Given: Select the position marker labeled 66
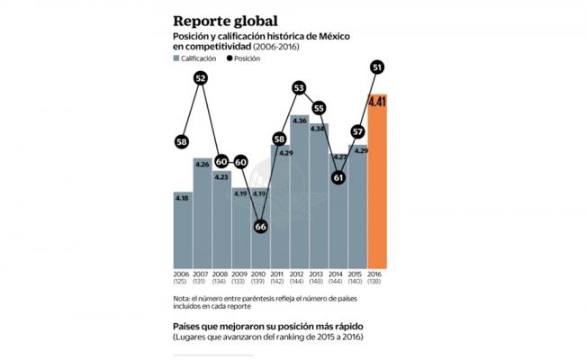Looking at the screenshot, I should pos(260,227).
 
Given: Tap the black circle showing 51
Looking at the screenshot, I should pos(378,67).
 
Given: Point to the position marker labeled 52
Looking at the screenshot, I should pos(201,78).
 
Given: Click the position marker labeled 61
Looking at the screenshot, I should pos(338,177).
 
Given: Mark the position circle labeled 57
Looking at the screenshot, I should pos(358,131).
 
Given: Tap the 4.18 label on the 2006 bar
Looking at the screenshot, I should pos(182,197).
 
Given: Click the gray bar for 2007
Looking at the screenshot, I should pos(202,216).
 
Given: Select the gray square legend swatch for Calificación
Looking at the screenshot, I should pos(177,58).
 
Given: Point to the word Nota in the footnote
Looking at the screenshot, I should pos(182,298).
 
